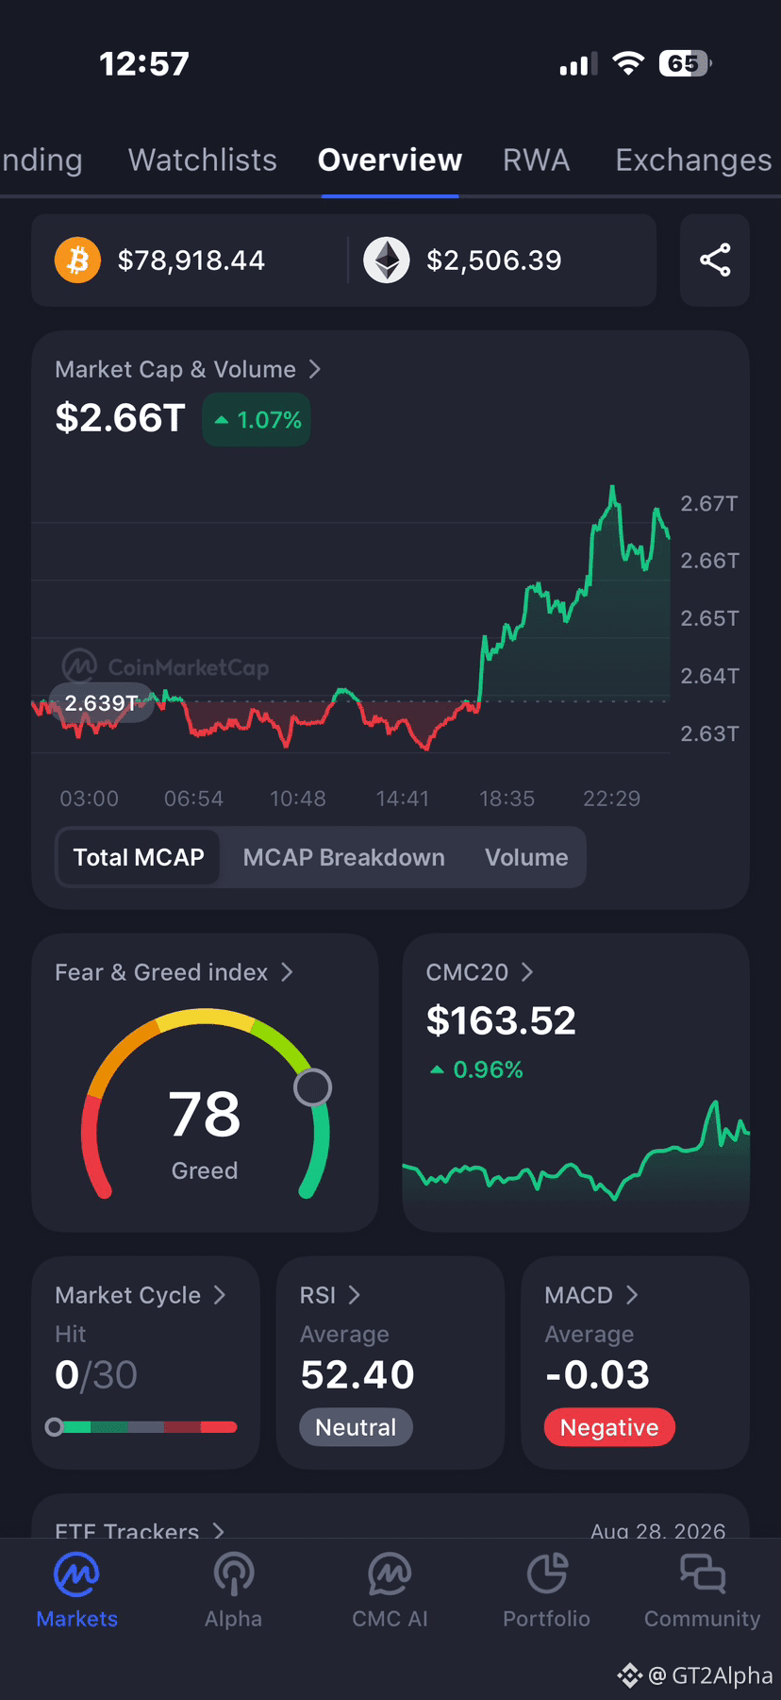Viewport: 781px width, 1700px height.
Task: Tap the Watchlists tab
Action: click(203, 160)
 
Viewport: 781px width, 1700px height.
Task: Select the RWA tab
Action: click(536, 160)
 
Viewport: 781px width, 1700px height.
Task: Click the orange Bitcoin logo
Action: click(77, 260)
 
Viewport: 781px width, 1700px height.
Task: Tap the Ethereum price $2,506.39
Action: click(494, 261)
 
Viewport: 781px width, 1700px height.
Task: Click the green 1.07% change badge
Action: click(257, 419)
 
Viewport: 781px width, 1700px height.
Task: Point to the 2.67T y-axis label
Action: click(709, 503)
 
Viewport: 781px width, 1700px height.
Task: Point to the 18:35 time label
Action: click(507, 799)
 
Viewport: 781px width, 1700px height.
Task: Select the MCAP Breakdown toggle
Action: click(343, 857)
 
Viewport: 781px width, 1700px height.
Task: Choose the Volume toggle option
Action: click(526, 857)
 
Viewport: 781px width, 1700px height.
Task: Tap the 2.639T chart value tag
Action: click(102, 702)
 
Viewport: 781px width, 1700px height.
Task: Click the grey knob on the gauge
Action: click(312, 1087)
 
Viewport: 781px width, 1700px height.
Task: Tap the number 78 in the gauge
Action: click(205, 1114)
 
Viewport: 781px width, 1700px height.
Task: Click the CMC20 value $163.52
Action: click(501, 1020)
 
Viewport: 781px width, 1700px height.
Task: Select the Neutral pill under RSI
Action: click(356, 1427)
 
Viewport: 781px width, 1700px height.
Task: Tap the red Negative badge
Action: click(609, 1427)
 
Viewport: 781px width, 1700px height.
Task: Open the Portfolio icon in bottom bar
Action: click(547, 1574)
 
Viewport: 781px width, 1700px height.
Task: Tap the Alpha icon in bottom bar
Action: click(234, 1574)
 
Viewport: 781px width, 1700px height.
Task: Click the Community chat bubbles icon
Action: click(703, 1574)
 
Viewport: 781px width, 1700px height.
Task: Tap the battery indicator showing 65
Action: click(686, 63)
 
